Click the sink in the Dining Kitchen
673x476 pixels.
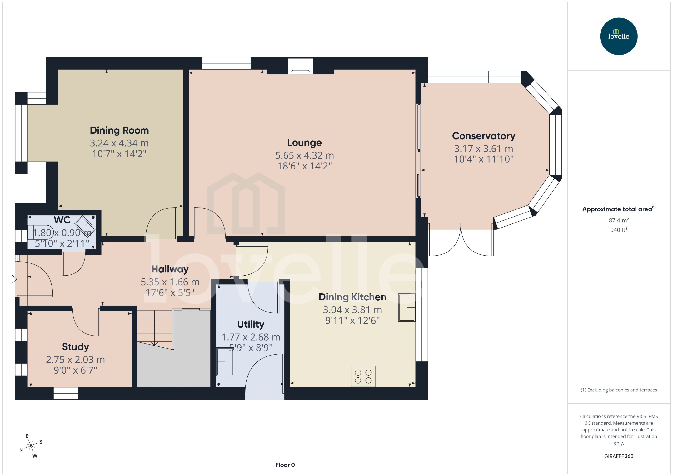point(406,308)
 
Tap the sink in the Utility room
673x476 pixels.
point(225,362)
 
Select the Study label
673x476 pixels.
point(75,347)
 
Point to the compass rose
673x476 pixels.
point(31,446)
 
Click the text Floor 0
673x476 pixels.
point(285,465)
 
